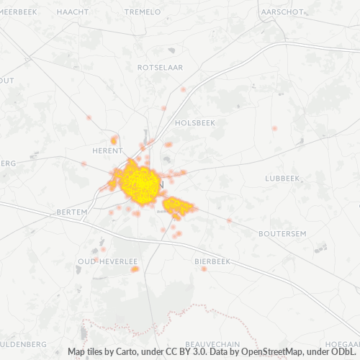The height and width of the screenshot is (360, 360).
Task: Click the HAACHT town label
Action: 72,12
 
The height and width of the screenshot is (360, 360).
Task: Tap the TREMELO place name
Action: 143,12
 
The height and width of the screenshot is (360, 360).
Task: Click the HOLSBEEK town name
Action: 194,122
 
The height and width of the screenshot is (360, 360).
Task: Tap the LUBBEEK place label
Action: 282,177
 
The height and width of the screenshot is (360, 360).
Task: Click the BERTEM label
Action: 71,212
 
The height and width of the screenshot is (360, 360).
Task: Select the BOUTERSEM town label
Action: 282,233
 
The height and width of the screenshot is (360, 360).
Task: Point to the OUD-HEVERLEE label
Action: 108,261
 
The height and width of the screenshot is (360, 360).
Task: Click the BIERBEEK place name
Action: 212,261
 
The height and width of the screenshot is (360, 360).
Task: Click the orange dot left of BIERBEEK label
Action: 204,269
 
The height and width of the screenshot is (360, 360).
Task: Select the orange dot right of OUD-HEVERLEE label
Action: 135,269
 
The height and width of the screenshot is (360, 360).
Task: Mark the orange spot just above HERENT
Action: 114,140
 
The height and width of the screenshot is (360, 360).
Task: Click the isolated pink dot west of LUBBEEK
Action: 274,128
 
